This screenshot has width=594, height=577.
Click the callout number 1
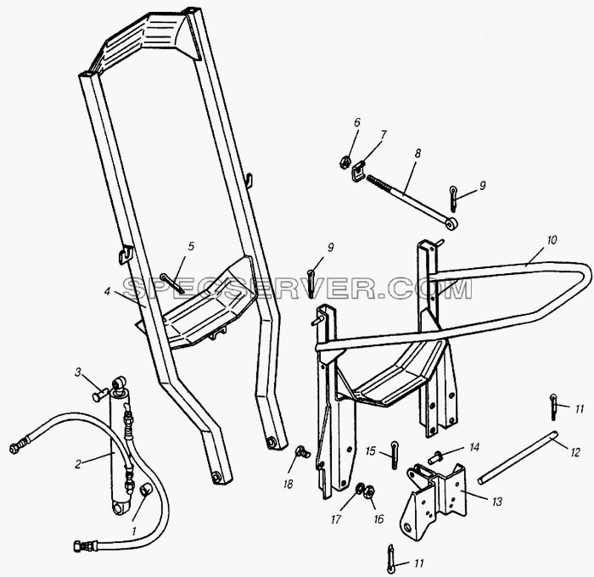tap(133, 531)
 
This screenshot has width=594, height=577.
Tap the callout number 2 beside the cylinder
tap(78, 464)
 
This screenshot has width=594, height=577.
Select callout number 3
tap(78, 373)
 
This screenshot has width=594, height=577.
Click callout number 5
tap(191, 246)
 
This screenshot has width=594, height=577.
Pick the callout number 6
tap(357, 122)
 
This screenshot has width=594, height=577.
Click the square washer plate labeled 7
tap(357, 171)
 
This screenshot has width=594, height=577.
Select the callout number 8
tap(417, 154)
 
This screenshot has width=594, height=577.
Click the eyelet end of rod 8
tap(451, 224)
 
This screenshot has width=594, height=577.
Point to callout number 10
tap(552, 240)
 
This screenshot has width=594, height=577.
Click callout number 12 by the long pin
tap(574, 452)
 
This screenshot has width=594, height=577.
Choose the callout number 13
tap(496, 501)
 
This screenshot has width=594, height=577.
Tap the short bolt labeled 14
tap(434, 457)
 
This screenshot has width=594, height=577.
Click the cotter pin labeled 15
tap(395, 455)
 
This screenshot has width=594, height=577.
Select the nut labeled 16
tap(368, 492)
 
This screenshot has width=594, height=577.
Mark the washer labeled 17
tap(360, 489)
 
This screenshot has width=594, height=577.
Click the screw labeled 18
tap(303, 451)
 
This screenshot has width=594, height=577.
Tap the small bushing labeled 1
tap(145, 489)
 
